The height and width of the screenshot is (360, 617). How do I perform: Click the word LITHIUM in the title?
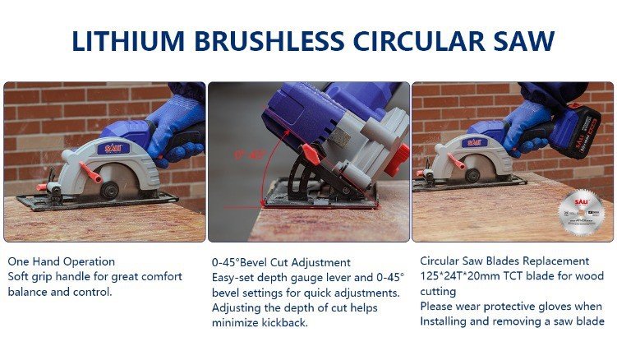[x=128, y=41]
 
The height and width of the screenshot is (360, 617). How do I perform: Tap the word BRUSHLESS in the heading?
[x=269, y=41]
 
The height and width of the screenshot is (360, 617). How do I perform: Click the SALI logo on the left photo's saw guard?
[x=113, y=149]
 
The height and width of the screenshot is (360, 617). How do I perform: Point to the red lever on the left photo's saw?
[x=90, y=172]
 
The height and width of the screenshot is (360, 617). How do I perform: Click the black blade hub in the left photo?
[x=109, y=190]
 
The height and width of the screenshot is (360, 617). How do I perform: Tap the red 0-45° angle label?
[x=250, y=155]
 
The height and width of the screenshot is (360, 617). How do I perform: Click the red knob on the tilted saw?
[x=311, y=155]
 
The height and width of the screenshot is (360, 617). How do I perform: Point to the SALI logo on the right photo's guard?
[x=475, y=142]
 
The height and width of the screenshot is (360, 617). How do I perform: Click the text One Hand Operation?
[x=62, y=261]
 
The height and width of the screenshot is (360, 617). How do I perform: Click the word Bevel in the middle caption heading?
[x=256, y=262]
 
